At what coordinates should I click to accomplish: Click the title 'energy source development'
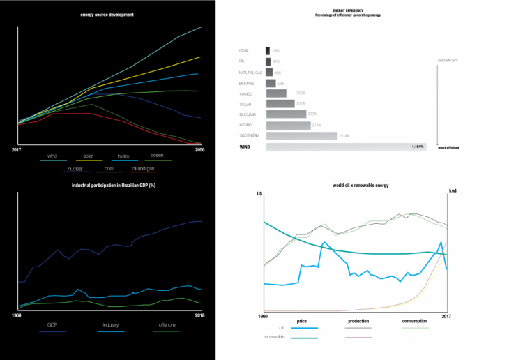(x=107, y=14)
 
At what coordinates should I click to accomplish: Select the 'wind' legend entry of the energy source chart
(x=52, y=156)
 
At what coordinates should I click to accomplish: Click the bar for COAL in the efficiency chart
(x=268, y=50)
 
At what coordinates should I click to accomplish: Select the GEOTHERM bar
(x=301, y=135)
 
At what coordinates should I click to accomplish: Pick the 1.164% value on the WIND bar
(x=418, y=147)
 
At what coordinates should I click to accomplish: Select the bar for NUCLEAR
(x=286, y=114)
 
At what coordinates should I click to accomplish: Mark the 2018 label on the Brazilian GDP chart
(x=199, y=315)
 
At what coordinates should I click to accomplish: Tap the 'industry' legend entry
(x=111, y=325)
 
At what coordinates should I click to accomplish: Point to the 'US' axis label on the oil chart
(x=259, y=194)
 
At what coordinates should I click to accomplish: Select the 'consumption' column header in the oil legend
(x=416, y=321)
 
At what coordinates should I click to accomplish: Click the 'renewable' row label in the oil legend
(x=273, y=336)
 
